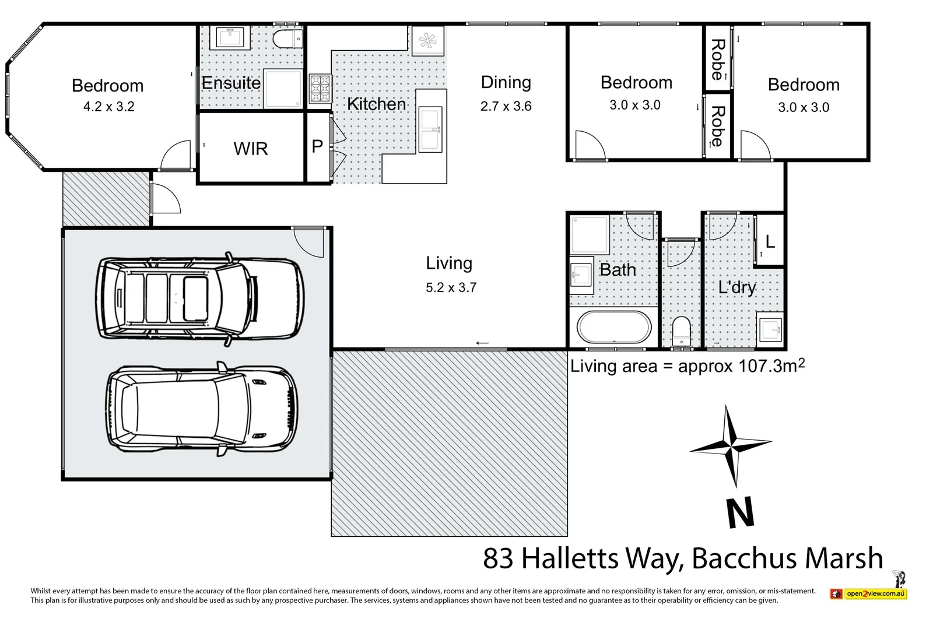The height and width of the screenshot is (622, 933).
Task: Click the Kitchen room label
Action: (x=376, y=104)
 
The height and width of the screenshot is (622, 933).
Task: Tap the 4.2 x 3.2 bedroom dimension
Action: (x=108, y=107)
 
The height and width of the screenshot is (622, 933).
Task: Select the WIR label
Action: (x=251, y=149)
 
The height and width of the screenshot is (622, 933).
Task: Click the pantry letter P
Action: (x=317, y=146)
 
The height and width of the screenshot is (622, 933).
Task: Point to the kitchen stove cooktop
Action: (x=320, y=89)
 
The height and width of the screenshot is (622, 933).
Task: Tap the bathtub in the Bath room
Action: (x=613, y=328)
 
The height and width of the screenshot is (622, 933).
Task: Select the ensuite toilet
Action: (x=287, y=39)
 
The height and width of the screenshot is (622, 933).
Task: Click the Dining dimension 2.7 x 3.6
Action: (x=506, y=107)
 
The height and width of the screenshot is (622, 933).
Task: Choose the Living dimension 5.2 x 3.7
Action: (x=451, y=287)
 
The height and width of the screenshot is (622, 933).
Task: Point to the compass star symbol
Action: (x=730, y=446)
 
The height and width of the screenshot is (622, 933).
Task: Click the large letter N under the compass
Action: (x=741, y=513)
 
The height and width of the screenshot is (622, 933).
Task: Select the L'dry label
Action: (x=737, y=287)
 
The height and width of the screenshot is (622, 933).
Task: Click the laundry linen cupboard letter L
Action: (x=770, y=241)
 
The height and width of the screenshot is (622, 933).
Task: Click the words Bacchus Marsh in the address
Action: (x=787, y=558)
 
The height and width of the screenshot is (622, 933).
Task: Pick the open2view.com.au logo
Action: (x=869, y=593)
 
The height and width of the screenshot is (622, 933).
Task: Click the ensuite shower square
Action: (x=283, y=89)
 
